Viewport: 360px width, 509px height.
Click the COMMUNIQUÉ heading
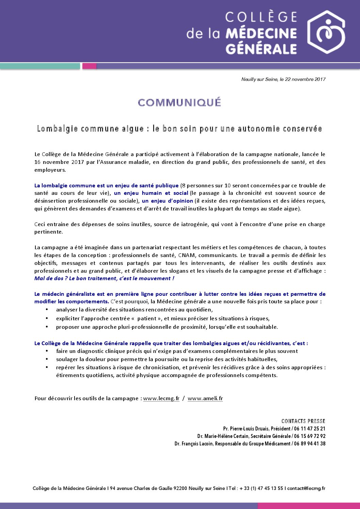(x=180, y=102)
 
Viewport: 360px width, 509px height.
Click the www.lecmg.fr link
(x=161, y=398)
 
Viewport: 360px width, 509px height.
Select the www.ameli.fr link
(x=205, y=398)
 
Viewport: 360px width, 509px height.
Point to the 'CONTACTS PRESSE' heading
(x=303, y=421)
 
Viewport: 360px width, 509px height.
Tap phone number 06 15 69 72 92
(x=310, y=436)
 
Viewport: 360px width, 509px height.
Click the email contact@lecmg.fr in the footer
(x=306, y=488)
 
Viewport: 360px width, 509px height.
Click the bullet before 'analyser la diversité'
(x=47, y=310)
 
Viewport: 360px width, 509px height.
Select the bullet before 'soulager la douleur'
(x=47, y=359)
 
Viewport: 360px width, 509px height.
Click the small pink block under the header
(x=89, y=66)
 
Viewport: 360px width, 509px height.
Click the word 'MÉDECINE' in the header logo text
(x=261, y=33)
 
